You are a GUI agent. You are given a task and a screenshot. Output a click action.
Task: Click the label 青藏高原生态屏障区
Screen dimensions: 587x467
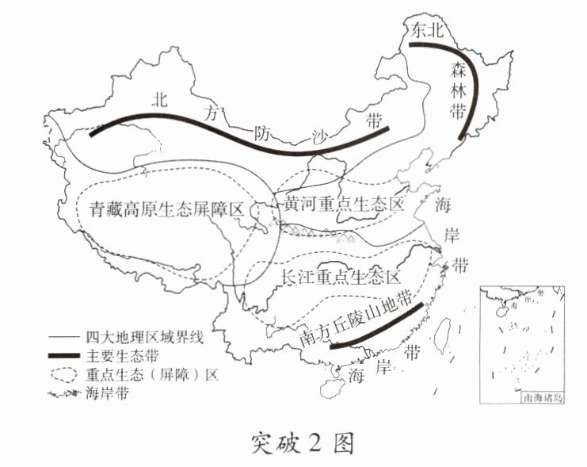click(x=164, y=211)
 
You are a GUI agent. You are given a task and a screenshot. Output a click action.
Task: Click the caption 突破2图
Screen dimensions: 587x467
click(x=294, y=438)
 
